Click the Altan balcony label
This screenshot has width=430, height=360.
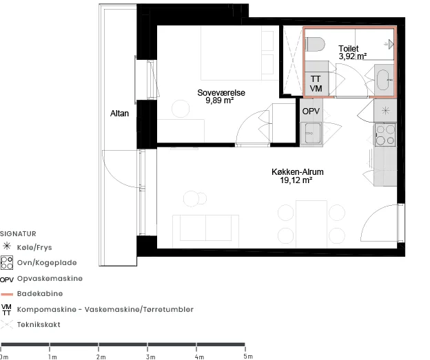(x=119, y=114)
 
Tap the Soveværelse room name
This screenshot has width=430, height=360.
(x=221, y=93)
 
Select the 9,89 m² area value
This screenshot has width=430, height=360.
(x=220, y=100)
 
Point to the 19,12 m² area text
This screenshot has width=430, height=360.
(x=296, y=180)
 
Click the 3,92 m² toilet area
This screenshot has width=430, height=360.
(x=353, y=56)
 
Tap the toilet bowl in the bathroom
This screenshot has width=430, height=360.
(x=315, y=44)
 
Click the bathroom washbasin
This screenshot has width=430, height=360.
(x=384, y=80)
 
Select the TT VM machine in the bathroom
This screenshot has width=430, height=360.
(x=316, y=84)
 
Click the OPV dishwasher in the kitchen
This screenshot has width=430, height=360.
(x=311, y=112)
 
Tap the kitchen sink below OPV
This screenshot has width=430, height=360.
(x=311, y=133)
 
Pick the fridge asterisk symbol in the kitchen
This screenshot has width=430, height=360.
(x=385, y=110)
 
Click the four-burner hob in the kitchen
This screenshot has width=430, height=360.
(x=385, y=134)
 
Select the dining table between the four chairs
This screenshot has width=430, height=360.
(x=311, y=224)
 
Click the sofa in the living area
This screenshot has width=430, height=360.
(x=205, y=231)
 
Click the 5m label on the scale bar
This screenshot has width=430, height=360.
(x=248, y=357)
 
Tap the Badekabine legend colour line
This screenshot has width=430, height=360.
(x=7, y=294)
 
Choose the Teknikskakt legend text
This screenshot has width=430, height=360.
(x=39, y=325)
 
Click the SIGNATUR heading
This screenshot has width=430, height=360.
(x=18, y=234)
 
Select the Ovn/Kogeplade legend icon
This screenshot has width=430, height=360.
(x=7, y=262)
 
